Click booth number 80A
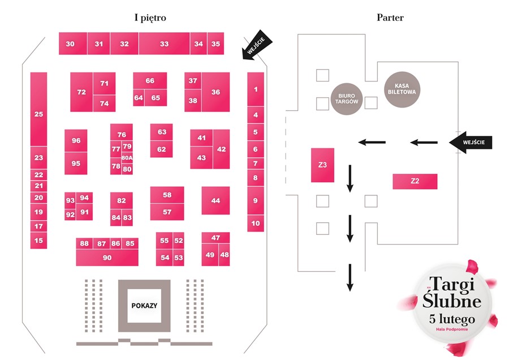(x=127, y=158)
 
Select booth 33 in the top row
(x=164, y=44)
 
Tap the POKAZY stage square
(x=144, y=305)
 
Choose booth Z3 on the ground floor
(x=322, y=165)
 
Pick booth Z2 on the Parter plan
(x=415, y=181)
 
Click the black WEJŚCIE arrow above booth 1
(x=257, y=45)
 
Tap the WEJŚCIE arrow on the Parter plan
(x=471, y=142)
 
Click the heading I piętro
(x=150, y=18)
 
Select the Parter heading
(x=390, y=18)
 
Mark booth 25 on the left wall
(x=38, y=114)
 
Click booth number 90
(x=107, y=258)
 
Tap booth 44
(x=215, y=201)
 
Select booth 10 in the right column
(x=256, y=224)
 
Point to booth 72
(x=81, y=92)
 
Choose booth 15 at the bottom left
(x=38, y=241)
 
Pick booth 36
(x=215, y=92)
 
